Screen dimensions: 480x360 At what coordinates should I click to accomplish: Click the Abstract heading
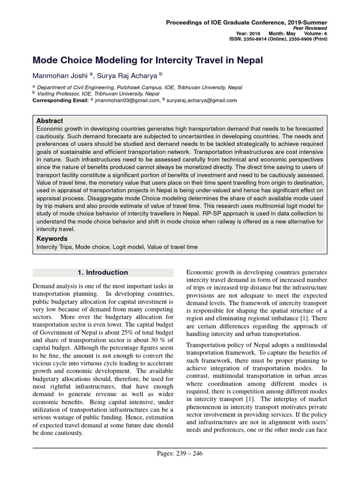(x=50, y=121)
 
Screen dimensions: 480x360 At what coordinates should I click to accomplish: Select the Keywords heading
(x=52, y=239)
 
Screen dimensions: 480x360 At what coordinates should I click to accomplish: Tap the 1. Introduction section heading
(x=102, y=272)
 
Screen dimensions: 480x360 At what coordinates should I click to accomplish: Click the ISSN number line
(x=278, y=39)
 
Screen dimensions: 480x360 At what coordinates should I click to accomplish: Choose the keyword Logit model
(x=129, y=247)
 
